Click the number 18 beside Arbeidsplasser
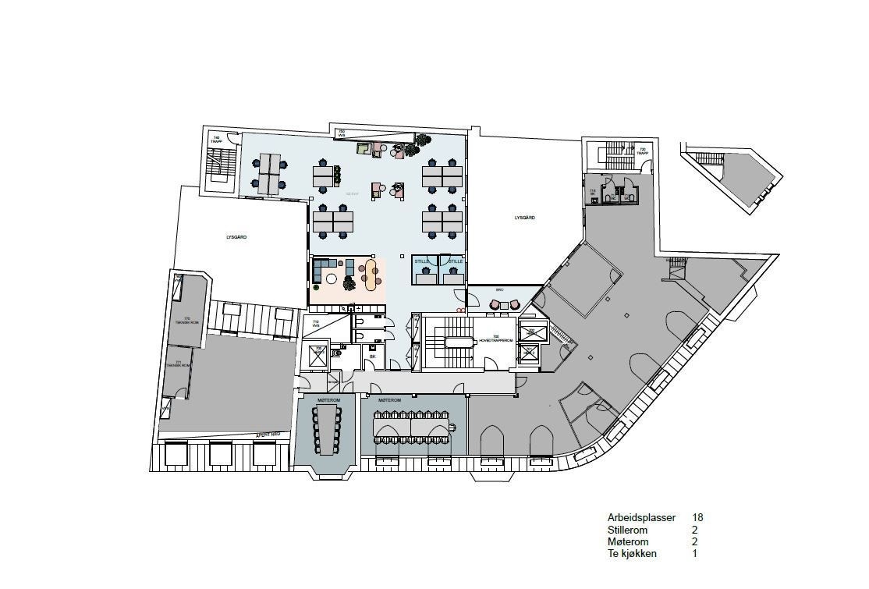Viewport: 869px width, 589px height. [x=697, y=517]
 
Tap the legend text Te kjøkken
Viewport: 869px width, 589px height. [x=632, y=554]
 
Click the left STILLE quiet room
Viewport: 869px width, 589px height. [x=424, y=270]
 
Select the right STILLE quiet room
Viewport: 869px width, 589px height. [x=453, y=270]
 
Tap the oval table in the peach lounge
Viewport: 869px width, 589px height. [x=370, y=274]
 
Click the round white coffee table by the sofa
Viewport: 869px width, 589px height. [x=332, y=279]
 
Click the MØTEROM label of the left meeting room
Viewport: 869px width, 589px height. [x=327, y=399]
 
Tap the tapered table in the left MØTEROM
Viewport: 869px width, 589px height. [x=327, y=429]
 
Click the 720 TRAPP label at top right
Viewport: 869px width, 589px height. [x=642, y=150]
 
